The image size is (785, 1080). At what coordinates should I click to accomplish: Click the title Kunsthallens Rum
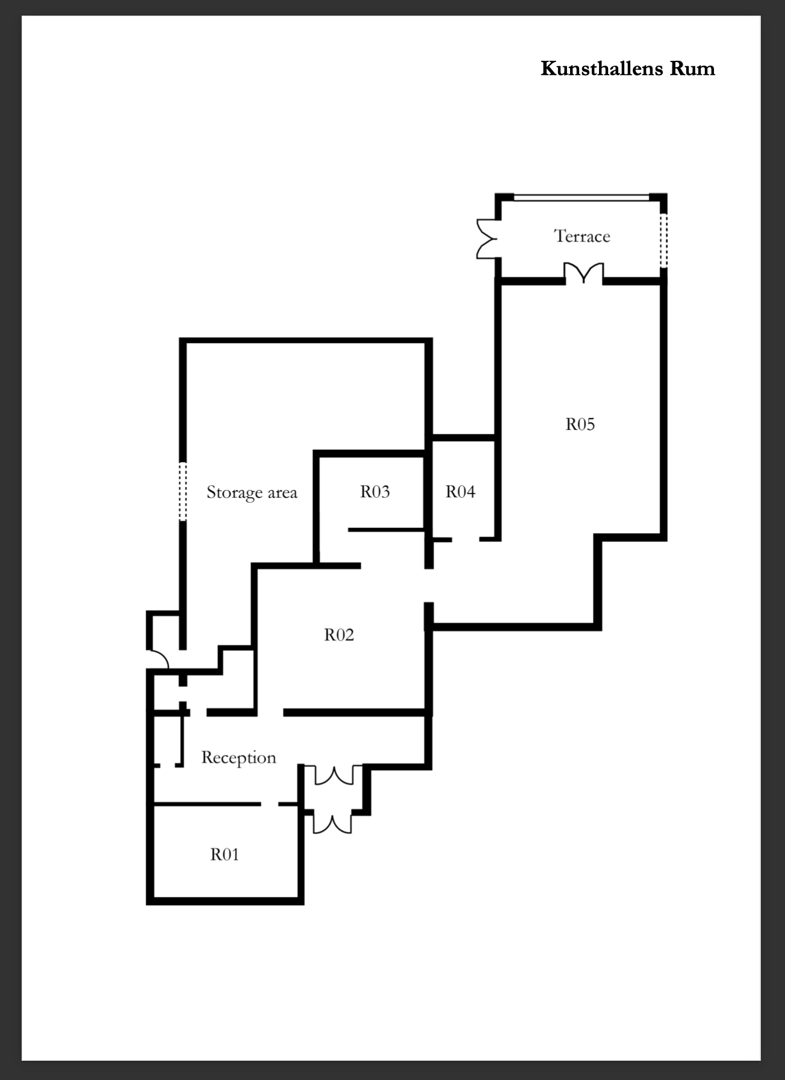tap(628, 68)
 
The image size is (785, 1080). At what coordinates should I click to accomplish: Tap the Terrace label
tap(582, 236)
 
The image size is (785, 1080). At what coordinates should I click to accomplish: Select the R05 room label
tap(580, 424)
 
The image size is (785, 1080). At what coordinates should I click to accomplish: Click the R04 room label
tap(461, 491)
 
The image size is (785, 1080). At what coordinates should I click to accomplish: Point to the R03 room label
tap(375, 491)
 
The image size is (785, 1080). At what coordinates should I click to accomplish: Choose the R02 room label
tap(339, 635)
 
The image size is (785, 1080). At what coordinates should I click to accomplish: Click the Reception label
tap(238, 757)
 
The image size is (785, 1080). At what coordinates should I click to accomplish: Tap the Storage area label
tap(252, 492)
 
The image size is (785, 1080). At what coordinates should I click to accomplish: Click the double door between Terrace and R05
tap(584, 272)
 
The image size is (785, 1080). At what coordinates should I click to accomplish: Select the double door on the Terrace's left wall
tap(487, 238)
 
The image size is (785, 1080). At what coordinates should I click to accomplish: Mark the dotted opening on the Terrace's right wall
tap(663, 241)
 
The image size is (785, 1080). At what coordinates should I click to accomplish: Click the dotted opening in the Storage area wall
tap(183, 491)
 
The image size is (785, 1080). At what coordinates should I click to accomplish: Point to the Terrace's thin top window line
tap(582, 196)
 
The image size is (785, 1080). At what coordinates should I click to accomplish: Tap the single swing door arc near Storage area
tap(158, 658)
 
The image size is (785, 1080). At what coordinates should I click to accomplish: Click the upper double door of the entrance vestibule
tap(334, 775)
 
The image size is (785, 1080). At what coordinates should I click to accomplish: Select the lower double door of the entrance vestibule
tap(332, 823)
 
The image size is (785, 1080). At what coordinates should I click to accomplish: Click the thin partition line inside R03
tap(386, 530)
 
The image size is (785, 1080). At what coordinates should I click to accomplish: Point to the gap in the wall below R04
tap(465, 539)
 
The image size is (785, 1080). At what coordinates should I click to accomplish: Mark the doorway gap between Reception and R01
tap(269, 804)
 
